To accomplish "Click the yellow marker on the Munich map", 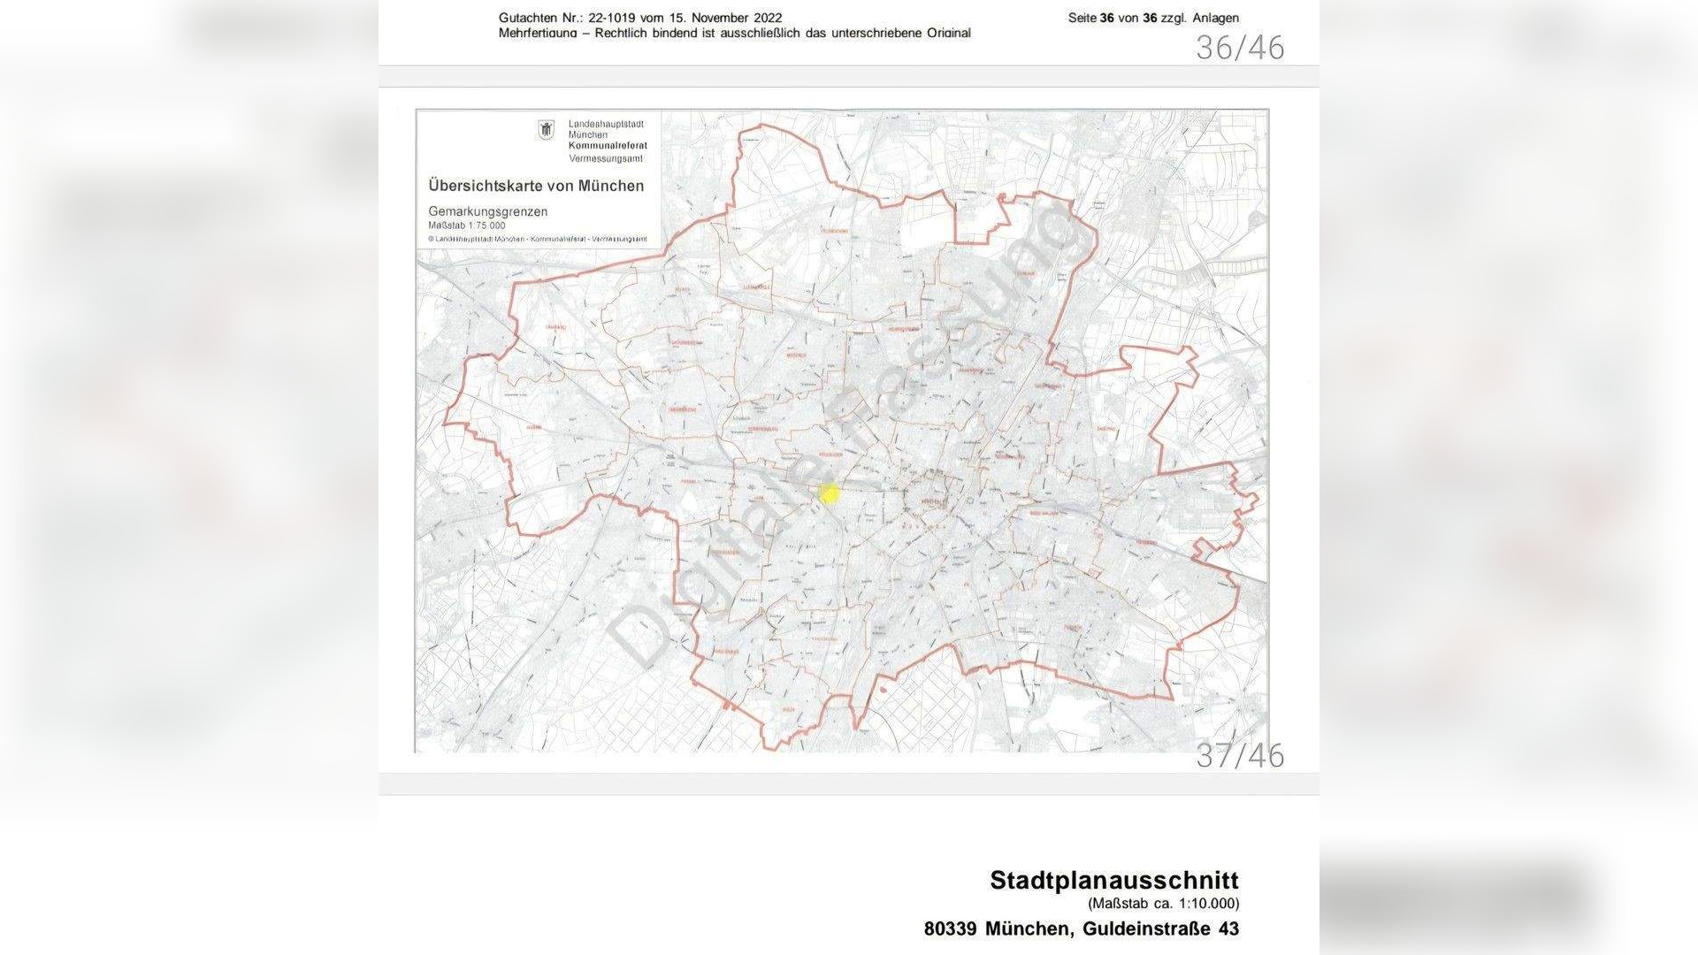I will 829,493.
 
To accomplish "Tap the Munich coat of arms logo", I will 545,130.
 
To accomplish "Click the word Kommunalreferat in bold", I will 608,146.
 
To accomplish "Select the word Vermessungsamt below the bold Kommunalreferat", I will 606,158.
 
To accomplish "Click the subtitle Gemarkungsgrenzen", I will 487,211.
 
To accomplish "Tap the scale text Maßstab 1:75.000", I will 467,225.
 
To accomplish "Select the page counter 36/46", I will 1240,48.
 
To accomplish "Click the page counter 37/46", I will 1240,755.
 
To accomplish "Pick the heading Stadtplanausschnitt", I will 1114,880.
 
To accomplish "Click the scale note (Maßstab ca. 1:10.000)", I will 1164,904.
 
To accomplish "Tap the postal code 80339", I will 951,929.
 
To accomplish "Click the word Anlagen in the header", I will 1215,18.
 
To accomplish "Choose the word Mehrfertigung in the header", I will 538,33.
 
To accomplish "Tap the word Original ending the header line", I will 945,33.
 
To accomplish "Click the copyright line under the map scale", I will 538,239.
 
